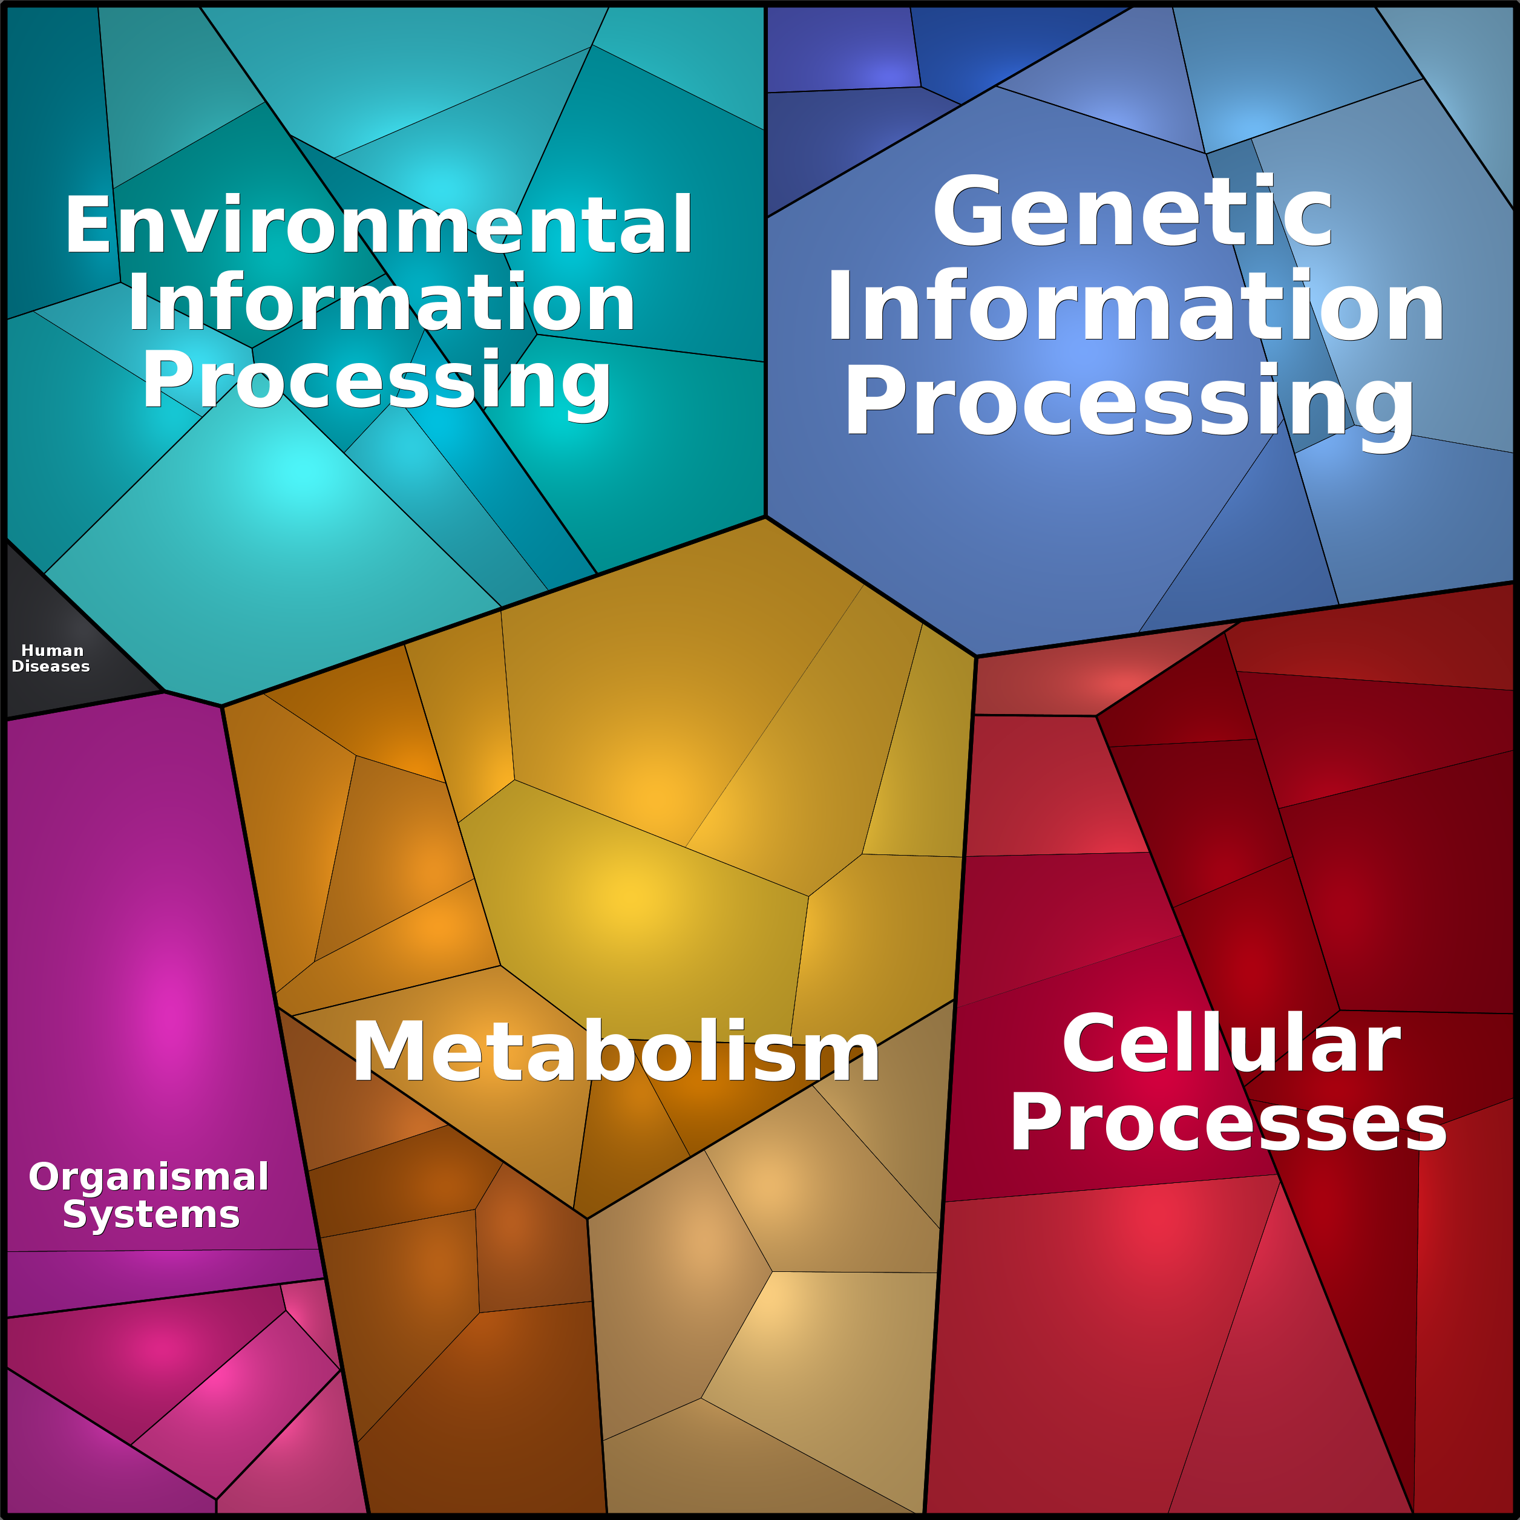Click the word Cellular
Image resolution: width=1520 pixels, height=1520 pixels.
1231,1045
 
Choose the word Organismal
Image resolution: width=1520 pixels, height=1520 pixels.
149,1178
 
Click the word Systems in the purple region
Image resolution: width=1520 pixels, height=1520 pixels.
151,1215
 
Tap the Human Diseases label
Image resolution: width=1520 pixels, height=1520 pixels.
51,658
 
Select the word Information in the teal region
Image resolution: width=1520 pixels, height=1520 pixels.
382,304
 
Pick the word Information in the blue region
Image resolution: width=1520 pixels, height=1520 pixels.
1135,307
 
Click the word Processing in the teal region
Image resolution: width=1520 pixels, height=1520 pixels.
376,380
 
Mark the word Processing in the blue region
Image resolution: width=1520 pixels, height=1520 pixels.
1129,401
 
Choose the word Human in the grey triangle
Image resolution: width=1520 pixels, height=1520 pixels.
52,650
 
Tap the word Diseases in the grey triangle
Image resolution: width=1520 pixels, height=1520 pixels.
51,666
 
